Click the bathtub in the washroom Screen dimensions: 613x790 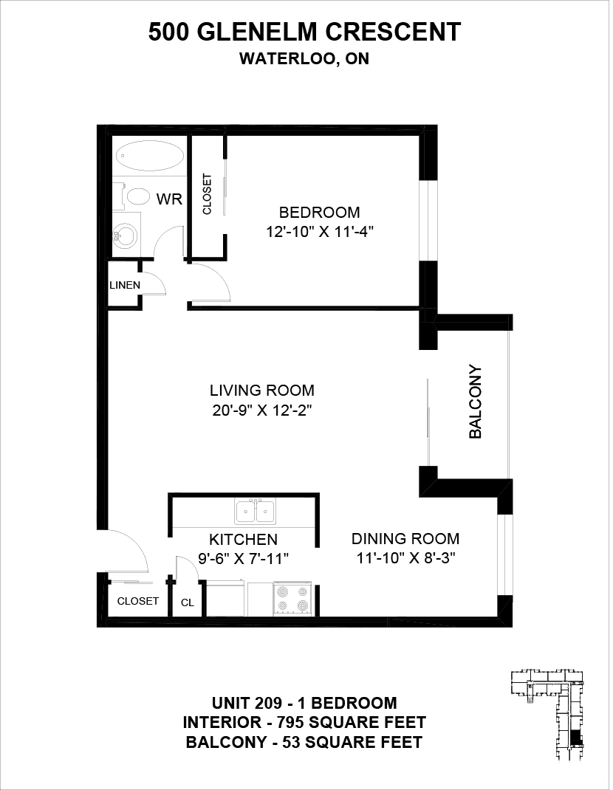click(150, 156)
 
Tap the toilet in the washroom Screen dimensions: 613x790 click(134, 196)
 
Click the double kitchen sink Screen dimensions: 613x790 click(255, 511)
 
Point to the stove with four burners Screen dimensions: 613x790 click(293, 598)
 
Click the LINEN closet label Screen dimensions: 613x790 click(125, 285)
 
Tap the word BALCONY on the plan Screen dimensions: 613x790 click(476, 402)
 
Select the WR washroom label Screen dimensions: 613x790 click(169, 199)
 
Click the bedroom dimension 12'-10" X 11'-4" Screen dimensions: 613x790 click(320, 232)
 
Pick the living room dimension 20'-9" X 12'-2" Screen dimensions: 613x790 click(262, 411)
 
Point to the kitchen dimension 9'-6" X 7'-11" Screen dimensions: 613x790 click(243, 558)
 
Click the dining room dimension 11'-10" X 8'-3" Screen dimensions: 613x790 click(405, 558)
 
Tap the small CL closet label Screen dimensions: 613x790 click(188, 602)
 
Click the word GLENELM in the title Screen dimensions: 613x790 click(257, 32)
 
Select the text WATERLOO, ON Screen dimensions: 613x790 click(304, 58)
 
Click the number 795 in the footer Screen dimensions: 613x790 click(290, 723)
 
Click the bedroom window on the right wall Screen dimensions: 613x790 click(428, 221)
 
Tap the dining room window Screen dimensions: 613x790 click(504, 554)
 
